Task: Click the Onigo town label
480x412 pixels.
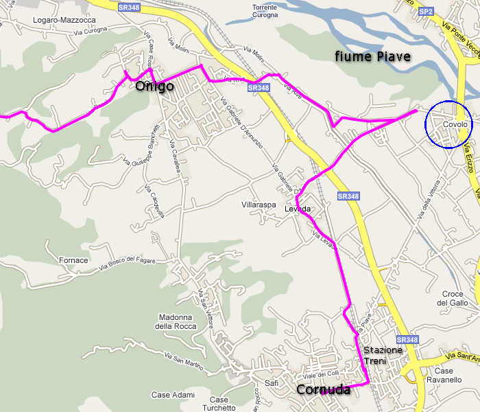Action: click(x=154, y=87)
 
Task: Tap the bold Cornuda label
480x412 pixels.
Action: click(x=323, y=390)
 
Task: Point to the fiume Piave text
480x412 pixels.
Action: click(x=372, y=56)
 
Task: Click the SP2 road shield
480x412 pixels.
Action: click(x=427, y=12)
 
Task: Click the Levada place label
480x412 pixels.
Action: click(x=299, y=209)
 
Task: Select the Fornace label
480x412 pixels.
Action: click(x=73, y=260)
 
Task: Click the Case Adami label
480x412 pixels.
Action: click(x=173, y=395)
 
